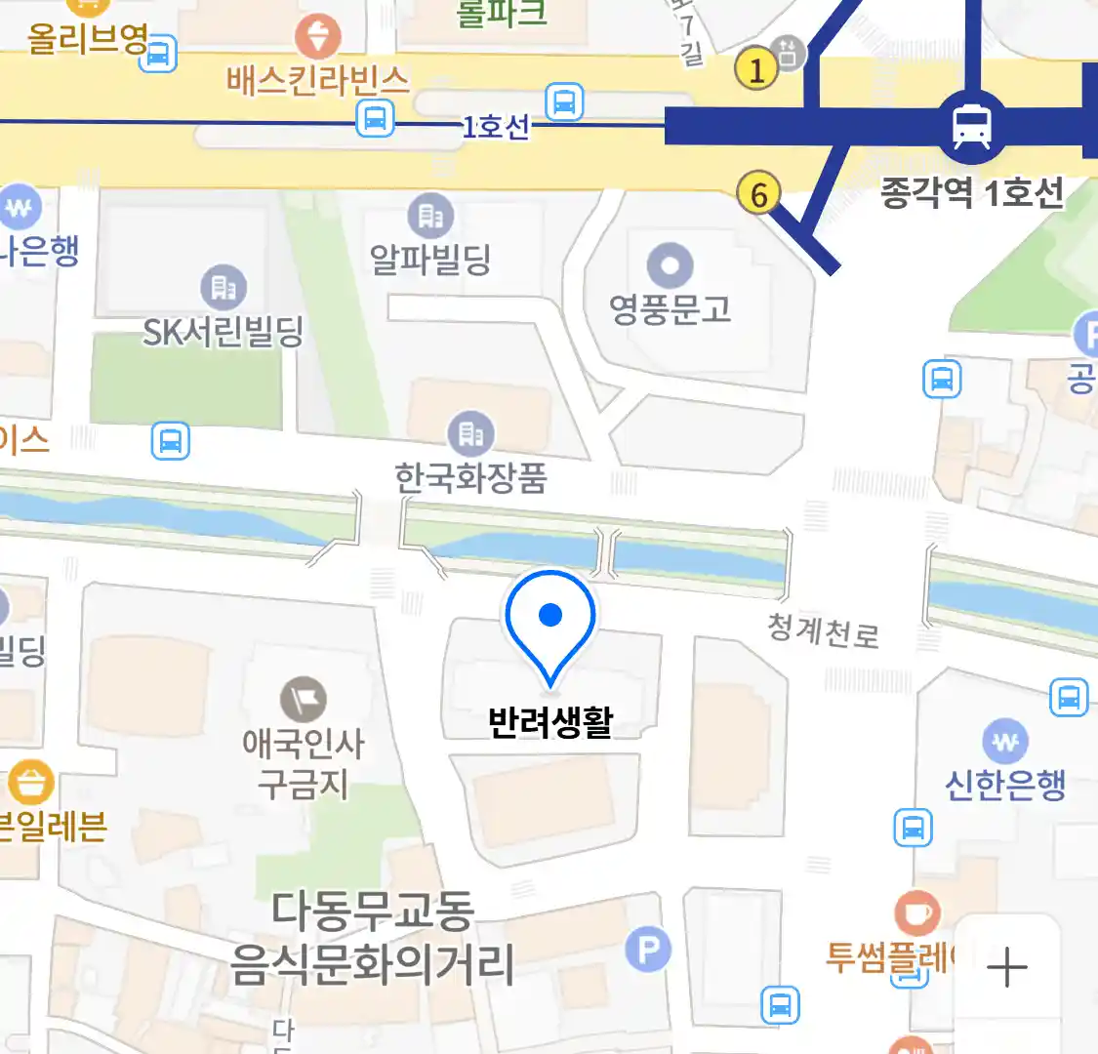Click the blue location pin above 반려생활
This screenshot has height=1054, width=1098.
550,621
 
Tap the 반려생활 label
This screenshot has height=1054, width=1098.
550,722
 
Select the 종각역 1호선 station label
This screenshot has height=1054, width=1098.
971,192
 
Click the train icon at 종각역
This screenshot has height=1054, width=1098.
971,126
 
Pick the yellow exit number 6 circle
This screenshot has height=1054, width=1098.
758,193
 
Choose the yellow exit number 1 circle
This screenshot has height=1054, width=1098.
756,68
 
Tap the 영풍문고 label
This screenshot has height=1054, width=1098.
670,309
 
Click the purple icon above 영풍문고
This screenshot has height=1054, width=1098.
670,264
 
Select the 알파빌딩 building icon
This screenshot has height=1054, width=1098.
430,216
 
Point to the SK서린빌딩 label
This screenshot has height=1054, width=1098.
224,333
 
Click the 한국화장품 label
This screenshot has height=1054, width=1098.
470,477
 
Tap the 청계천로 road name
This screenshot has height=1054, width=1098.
824,631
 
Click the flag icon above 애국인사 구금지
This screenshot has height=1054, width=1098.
304,700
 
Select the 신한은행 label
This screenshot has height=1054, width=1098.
1005,784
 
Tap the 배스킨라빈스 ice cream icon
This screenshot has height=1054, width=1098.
318,37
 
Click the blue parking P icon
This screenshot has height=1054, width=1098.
648,948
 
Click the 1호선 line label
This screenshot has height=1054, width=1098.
496,126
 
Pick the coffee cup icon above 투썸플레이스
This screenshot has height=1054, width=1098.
917,913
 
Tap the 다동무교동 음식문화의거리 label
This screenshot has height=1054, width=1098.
372,937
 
